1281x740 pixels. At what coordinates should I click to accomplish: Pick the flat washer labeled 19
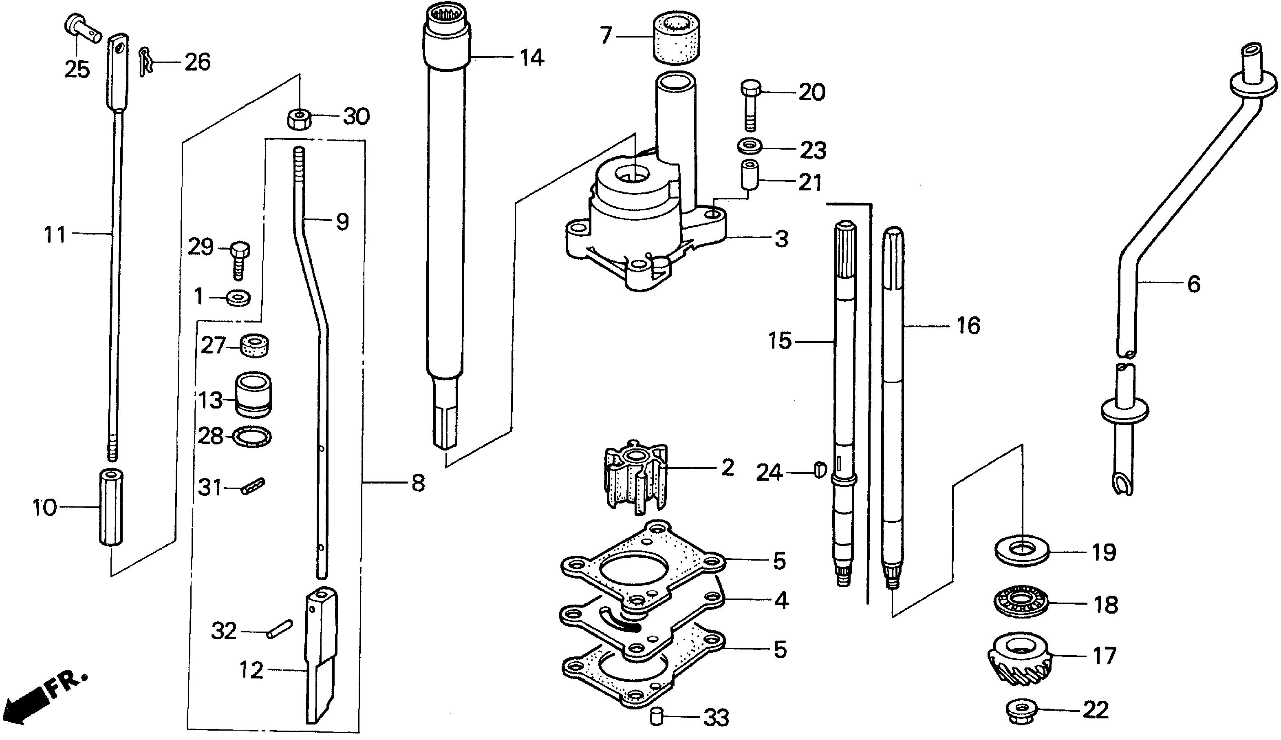pyautogui.click(x=1021, y=552)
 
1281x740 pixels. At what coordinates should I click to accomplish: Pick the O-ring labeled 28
pyautogui.click(x=252, y=437)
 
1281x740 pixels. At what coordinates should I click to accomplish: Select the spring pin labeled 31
pyautogui.click(x=252, y=486)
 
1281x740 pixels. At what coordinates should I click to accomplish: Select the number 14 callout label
pyautogui.click(x=531, y=58)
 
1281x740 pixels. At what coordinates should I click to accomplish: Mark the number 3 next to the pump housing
pyautogui.click(x=782, y=239)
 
